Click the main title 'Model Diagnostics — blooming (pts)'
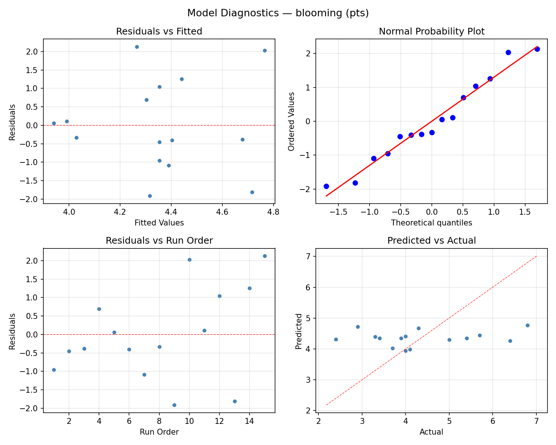pyautogui.click(x=278, y=13)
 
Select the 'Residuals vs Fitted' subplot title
pyautogui.click(x=159, y=32)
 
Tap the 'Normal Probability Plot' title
pyautogui.click(x=431, y=32)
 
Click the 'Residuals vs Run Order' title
pyautogui.click(x=159, y=241)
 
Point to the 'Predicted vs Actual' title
pyautogui.click(x=431, y=241)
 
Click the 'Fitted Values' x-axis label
pyautogui.click(x=159, y=222)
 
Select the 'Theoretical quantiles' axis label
pyautogui.click(x=431, y=222)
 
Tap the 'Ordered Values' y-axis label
pyautogui.click(x=291, y=122)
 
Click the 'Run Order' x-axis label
pyautogui.click(x=159, y=432)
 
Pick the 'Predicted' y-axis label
pyautogui.click(x=298, y=331)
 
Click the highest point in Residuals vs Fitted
pyautogui.click(x=137, y=47)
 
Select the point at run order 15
pyautogui.click(x=265, y=256)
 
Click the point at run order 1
pyautogui.click(x=54, y=370)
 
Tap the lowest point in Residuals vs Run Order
pyautogui.click(x=174, y=405)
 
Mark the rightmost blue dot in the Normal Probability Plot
pyautogui.click(x=537, y=49)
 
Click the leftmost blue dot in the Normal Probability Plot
pyautogui.click(x=326, y=186)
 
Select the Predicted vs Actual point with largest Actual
pyautogui.click(x=527, y=325)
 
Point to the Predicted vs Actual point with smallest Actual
pyautogui.click(x=336, y=339)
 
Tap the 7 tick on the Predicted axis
pyautogui.click(x=309, y=256)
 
